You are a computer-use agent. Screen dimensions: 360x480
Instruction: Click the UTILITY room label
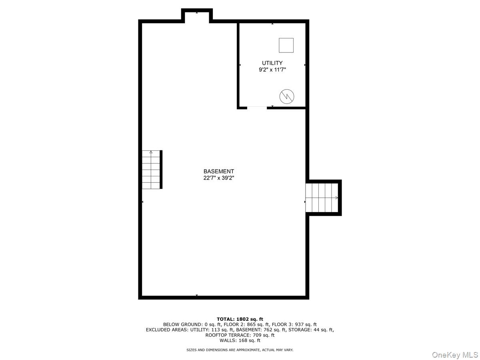point(272,63)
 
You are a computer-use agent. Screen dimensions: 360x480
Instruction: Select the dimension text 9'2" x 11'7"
point(272,70)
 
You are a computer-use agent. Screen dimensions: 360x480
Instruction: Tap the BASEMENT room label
point(218,171)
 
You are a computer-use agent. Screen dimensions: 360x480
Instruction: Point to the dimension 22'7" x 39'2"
point(218,178)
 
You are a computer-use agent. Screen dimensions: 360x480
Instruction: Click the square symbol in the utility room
point(286,45)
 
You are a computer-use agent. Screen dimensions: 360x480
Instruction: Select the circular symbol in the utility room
point(286,96)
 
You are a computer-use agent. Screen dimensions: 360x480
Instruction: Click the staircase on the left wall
point(151,170)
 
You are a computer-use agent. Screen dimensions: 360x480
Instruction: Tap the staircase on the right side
point(322,198)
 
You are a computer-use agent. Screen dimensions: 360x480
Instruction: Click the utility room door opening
point(257,107)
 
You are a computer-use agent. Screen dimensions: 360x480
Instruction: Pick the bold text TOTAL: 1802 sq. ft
point(240,319)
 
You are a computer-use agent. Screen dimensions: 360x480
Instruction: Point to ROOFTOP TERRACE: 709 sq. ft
point(240,335)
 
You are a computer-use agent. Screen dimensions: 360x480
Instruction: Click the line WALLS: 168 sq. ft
point(240,341)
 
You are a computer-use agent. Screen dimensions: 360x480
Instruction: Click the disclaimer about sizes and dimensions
point(240,350)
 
